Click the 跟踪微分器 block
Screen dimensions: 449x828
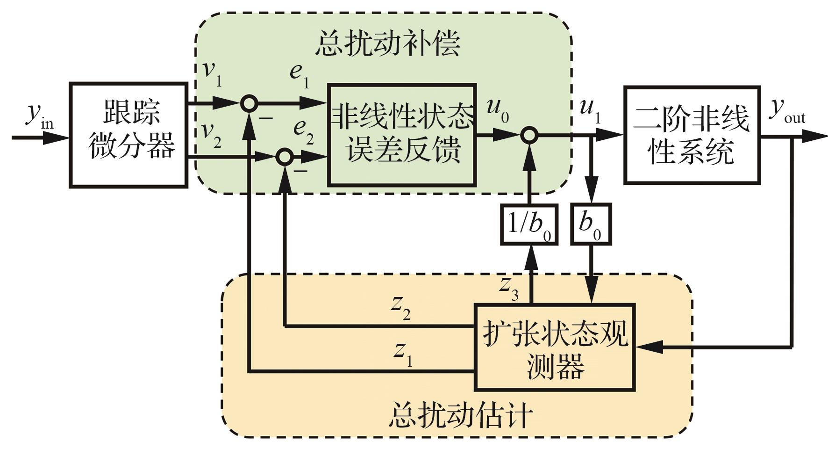[128, 135]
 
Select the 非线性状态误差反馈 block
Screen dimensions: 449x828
[402, 135]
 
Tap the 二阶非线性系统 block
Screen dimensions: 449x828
[692, 134]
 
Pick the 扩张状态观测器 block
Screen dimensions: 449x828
[555, 347]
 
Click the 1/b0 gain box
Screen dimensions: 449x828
[529, 224]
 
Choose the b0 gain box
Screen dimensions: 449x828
[591, 224]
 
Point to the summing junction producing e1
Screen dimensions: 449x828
[249, 103]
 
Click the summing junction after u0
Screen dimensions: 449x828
[529, 136]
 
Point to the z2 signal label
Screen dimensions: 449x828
[401, 307]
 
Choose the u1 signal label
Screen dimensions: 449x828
[590, 109]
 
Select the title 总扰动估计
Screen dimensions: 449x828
[460, 415]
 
